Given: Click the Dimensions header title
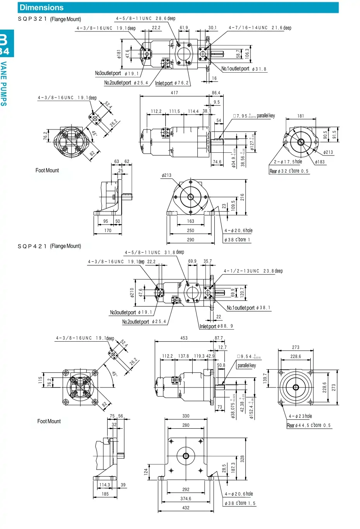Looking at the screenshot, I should point(42,7).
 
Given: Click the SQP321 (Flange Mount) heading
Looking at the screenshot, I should point(49,19).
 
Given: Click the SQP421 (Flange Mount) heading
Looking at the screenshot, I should point(49,246).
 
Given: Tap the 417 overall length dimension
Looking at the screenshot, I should point(174,93).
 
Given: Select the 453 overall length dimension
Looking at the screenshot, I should point(184,338).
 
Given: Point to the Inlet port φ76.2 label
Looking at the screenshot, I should point(172,83).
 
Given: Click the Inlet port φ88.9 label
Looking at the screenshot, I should point(216,326).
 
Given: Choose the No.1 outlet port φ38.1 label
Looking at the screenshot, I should point(249,308).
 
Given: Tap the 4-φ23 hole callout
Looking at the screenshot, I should point(300,416).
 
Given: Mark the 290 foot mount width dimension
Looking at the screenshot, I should point(190,240).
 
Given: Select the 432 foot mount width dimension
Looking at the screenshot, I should point(186,508).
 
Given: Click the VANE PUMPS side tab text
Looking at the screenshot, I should point(3,84).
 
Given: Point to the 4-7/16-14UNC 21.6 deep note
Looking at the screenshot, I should point(260,28).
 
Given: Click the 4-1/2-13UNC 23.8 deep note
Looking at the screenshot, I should point(253,271).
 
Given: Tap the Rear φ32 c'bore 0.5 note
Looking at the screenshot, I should point(289,171).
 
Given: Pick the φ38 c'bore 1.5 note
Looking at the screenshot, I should point(240,503).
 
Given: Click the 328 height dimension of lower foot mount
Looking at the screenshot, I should point(242,459).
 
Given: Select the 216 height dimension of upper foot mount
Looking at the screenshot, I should point(242,197).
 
